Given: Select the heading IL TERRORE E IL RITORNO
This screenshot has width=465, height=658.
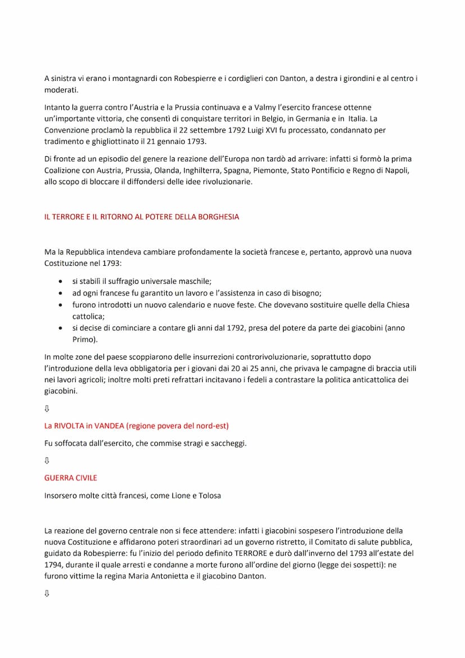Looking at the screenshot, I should [142, 216].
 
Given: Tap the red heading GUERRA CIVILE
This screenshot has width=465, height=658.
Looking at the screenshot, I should [71, 478].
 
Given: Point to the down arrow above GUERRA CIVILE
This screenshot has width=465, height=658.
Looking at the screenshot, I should [47, 460].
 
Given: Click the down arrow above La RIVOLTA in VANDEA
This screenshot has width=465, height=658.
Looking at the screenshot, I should [47, 408].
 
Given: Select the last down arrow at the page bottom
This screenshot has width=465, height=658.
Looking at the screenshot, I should [47, 593].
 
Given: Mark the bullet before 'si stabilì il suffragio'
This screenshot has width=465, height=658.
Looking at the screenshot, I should [61, 282].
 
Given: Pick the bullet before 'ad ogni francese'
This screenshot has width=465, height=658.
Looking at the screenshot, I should [61, 293].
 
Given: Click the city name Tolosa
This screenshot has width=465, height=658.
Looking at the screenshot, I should [209, 496].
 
